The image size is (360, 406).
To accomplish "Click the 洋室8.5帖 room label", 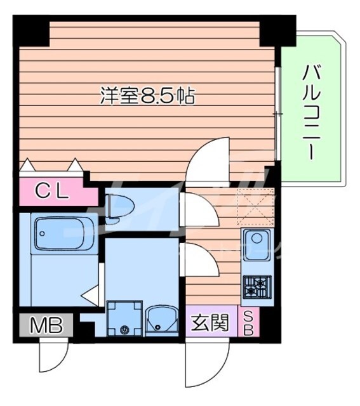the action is pos(147,96).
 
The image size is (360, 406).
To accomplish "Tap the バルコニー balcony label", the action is pos(311,112).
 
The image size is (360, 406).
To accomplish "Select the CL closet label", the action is pos(52,192).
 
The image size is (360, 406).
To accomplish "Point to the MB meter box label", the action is pos(46,325).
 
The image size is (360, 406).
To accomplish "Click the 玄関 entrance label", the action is pos(210,322).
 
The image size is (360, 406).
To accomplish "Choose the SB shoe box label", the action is pos(248,323).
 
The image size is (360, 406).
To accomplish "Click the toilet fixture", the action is pos(120,209).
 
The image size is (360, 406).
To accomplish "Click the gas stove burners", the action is pos(257,287).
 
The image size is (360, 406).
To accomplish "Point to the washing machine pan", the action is pos(124,318).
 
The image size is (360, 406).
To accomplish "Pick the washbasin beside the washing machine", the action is pos(161,320).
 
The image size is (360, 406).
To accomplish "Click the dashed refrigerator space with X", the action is pos(256,207).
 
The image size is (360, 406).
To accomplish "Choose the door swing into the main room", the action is pos(208,160).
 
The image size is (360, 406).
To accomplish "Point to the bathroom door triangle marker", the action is pos(90,295).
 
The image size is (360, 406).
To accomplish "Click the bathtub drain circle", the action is pos(42,233).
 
